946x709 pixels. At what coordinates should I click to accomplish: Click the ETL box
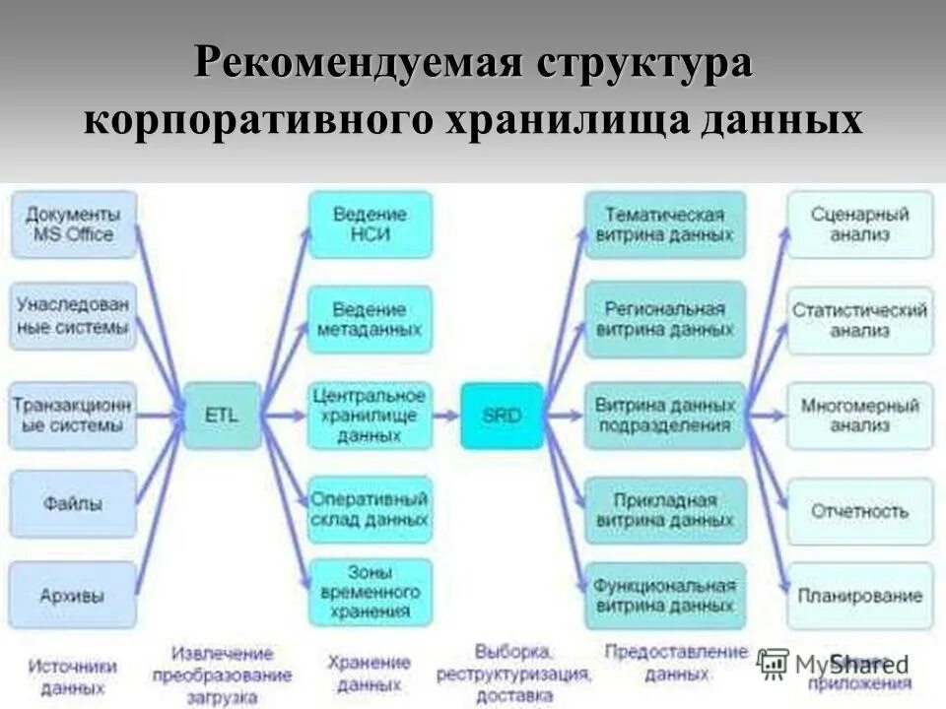[222, 416]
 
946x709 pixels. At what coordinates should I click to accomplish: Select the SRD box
[502, 416]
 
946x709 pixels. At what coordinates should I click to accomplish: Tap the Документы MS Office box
[74, 225]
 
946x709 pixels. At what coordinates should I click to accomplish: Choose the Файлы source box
[74, 503]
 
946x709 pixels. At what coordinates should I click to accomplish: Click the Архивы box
[74, 595]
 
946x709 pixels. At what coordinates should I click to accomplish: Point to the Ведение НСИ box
[370, 225]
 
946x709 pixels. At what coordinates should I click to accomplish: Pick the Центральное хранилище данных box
[370, 415]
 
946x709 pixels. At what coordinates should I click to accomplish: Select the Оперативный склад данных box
[370, 509]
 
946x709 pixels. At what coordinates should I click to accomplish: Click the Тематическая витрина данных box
[665, 225]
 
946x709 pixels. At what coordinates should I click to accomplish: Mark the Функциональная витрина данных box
[665, 596]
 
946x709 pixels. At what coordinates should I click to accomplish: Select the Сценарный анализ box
[859, 225]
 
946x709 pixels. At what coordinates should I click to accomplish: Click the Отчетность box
[859, 511]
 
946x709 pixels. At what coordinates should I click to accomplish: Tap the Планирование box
[859, 596]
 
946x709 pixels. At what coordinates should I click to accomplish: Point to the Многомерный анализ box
[859, 416]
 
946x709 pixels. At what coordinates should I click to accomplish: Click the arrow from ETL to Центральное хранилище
[285, 416]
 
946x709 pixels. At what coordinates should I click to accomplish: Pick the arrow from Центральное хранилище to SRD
[446, 416]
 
